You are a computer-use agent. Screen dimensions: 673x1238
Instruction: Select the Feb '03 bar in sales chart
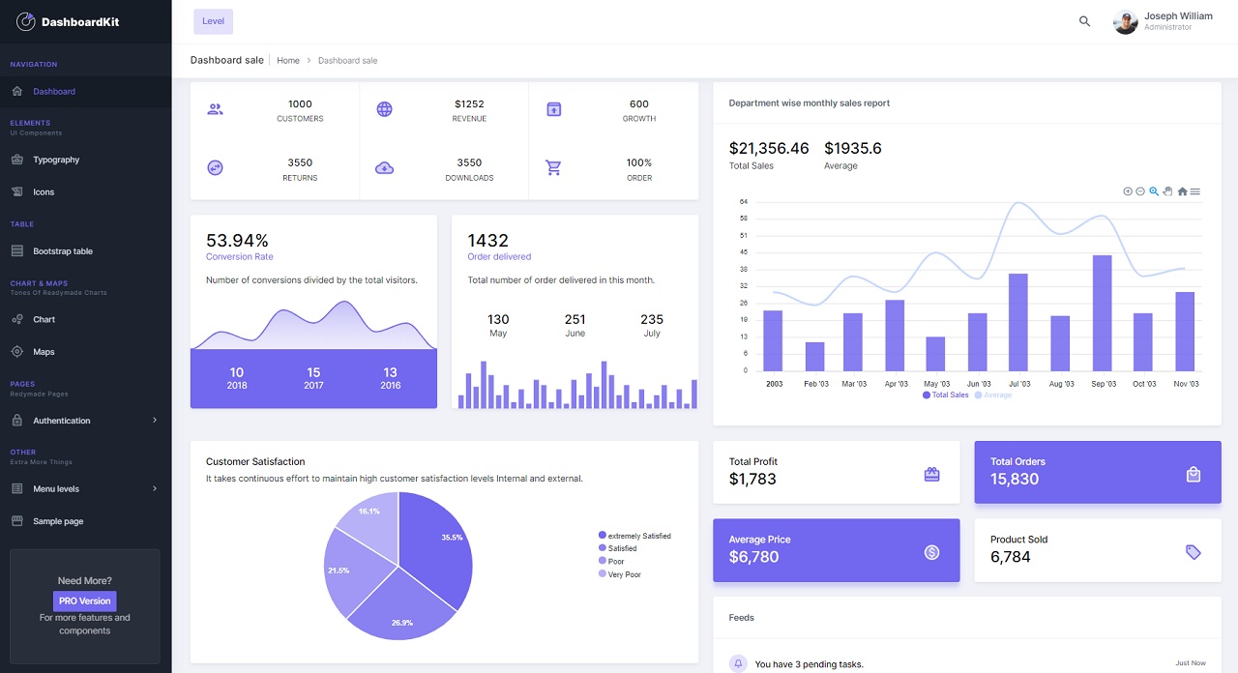pos(814,356)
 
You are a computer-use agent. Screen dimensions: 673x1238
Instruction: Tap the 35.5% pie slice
pos(435,541)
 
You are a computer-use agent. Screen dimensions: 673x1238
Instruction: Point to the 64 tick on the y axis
pos(743,201)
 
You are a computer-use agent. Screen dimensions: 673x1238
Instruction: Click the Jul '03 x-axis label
pos(1019,384)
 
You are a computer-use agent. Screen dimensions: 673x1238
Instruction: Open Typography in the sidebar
pos(56,160)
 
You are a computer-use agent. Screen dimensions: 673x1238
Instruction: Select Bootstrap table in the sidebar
pos(63,251)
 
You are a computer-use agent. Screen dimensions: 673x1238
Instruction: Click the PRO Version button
pos(85,600)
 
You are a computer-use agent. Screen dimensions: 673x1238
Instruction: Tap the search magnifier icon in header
pos(1084,21)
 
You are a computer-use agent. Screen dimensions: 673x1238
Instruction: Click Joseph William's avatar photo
pos(1125,21)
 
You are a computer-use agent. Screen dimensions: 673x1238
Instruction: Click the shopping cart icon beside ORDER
pos(553,168)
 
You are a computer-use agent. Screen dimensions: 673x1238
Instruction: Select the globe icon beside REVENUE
pos(384,109)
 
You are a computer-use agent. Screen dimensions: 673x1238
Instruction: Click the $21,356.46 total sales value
pos(768,148)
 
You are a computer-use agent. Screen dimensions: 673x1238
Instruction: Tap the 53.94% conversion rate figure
pos(237,240)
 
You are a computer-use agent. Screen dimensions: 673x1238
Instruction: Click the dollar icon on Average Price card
pos(931,552)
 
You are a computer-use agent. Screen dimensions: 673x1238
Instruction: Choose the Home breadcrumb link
pos(287,60)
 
